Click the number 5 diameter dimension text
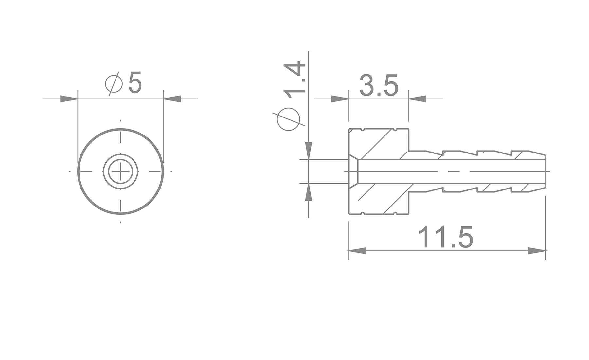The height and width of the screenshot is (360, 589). tap(135, 83)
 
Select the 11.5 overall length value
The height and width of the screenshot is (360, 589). tap(446, 237)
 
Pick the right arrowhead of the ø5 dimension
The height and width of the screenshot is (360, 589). tap(172, 99)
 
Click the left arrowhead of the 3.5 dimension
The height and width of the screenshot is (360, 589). tap(340, 99)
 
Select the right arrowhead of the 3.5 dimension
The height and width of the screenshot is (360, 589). tap(418, 99)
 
